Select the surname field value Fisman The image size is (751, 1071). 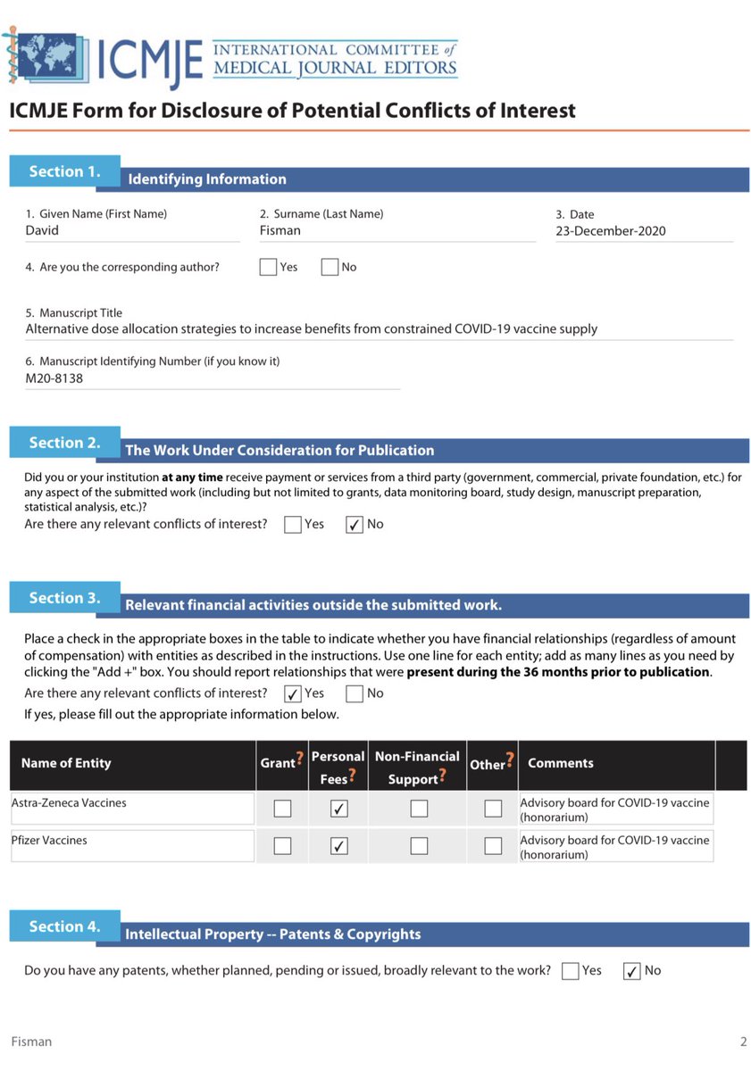pos(280,230)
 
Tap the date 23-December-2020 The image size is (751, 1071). pos(610,231)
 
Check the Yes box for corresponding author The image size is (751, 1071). pos(268,267)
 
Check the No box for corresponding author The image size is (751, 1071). pos(330,267)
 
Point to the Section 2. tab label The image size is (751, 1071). pos(64,443)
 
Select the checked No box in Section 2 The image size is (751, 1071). pos(354,525)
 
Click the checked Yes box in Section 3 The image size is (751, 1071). pos(292,693)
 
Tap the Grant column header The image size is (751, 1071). pos(277,763)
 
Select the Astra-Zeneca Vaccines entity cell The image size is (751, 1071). pos(132,809)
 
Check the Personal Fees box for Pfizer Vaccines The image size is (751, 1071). pos(338,846)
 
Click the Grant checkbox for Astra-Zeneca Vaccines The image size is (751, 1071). pos(282,809)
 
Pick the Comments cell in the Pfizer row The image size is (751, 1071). pos(615,846)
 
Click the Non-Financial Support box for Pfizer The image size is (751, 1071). pos(418,846)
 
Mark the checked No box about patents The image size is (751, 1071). pos(631,971)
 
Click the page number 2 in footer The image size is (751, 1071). pos(743,1042)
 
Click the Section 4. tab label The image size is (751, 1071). pos(64,926)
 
